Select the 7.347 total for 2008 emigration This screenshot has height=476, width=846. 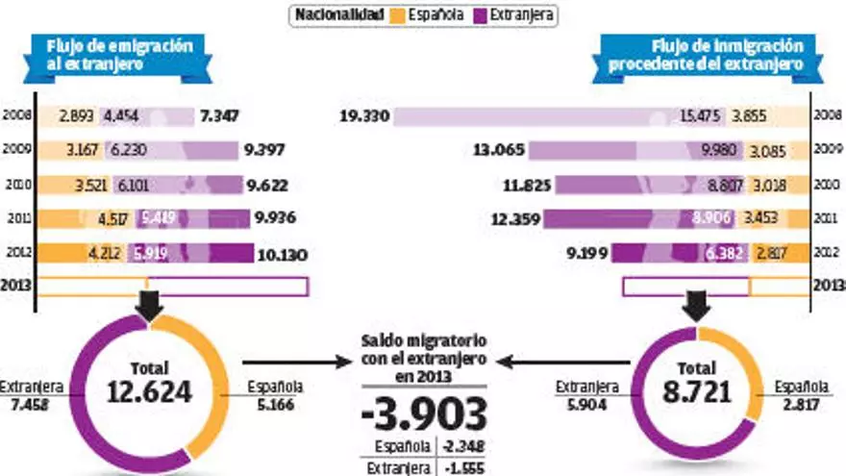pos(219,116)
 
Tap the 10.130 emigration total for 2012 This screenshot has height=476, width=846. pos(283,255)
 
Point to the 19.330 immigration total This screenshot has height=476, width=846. pos(364,116)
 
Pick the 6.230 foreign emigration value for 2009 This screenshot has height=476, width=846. pos(129,151)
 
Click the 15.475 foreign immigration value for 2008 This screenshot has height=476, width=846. pos(700,116)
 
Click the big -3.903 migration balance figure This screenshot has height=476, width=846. pos(423,413)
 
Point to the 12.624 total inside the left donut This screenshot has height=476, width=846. pos(152,390)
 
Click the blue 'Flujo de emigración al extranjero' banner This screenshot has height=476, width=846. pos(113,56)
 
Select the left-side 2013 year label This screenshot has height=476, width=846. pos(17,286)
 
